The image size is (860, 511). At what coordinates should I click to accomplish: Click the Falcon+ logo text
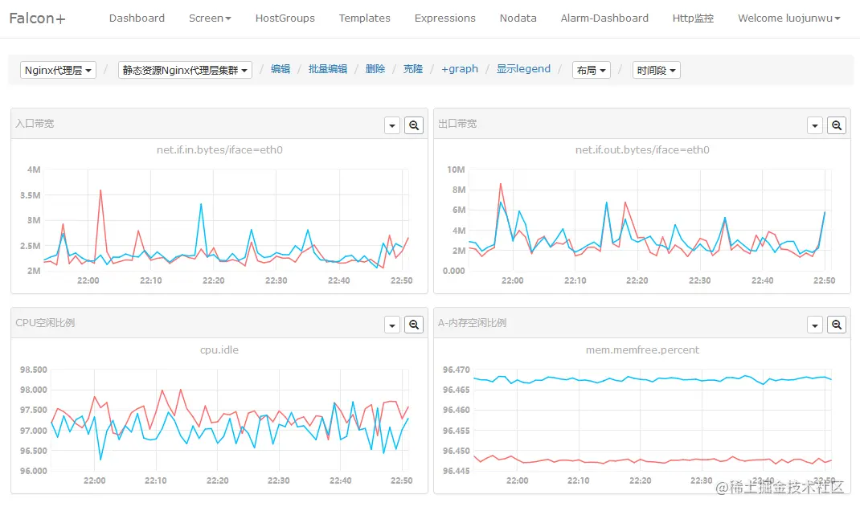[x=37, y=18]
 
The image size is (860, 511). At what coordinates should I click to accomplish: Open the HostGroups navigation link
[x=285, y=18]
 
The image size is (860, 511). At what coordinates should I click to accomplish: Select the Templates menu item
[x=364, y=18]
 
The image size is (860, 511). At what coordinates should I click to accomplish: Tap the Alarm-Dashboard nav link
[x=604, y=18]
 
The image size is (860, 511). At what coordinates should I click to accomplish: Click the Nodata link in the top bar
[x=518, y=18]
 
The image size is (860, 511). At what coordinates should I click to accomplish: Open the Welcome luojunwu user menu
[x=788, y=18]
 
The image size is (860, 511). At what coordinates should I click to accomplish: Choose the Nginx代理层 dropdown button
[x=58, y=70]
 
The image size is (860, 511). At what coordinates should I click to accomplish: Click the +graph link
[x=459, y=69]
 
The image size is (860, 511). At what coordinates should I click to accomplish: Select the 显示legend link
[x=523, y=69]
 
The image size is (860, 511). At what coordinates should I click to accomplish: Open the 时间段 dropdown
[x=656, y=70]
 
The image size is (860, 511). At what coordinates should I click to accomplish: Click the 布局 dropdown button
[x=591, y=70]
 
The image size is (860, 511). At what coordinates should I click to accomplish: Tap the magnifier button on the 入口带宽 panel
[x=414, y=125]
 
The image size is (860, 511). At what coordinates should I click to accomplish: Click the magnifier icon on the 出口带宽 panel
[x=837, y=125]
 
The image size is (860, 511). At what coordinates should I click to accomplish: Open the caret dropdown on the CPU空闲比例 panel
[x=392, y=325]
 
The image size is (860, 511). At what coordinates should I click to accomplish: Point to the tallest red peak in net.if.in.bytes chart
[x=100, y=190]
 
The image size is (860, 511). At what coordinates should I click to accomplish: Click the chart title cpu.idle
[x=219, y=350]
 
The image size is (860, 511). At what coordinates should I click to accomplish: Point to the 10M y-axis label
[x=456, y=170]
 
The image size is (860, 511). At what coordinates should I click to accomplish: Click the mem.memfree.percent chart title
[x=642, y=350]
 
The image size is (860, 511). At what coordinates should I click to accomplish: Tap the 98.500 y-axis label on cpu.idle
[x=33, y=370]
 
